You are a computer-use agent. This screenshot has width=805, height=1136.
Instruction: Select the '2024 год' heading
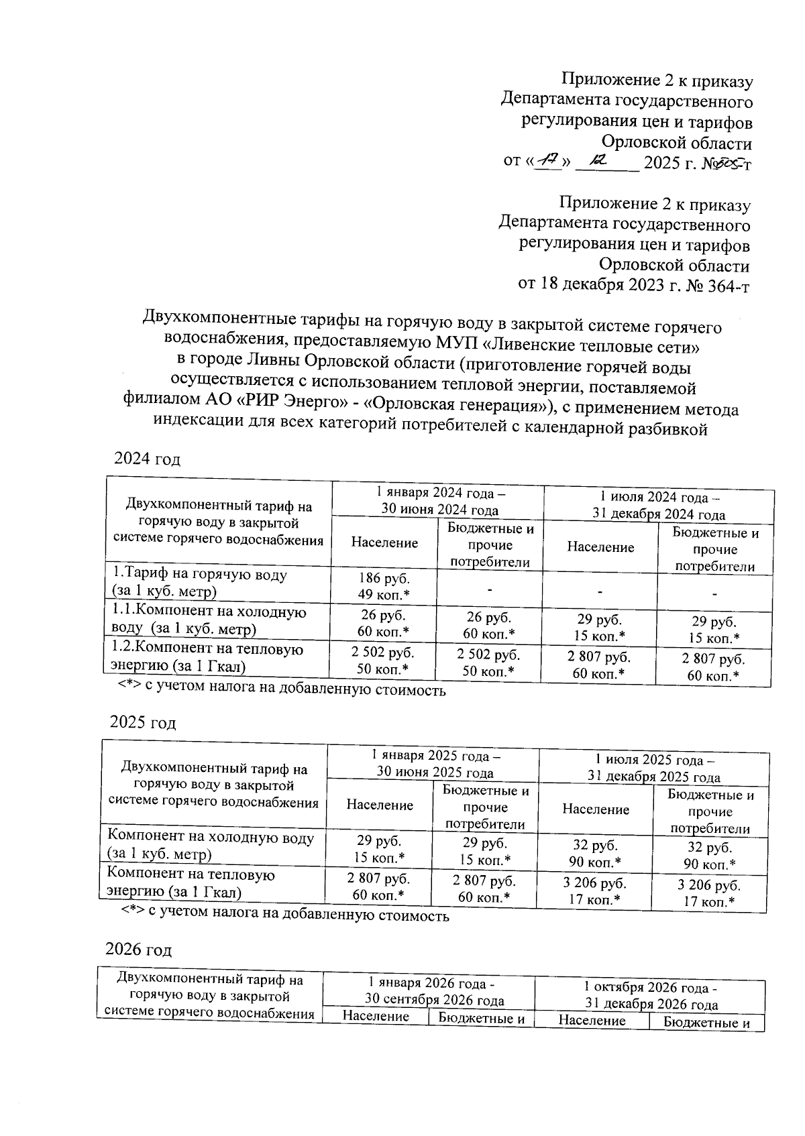pos(148,459)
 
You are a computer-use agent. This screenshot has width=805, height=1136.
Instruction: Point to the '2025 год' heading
pos(143,723)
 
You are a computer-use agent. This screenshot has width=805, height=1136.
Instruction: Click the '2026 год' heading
pos(139,950)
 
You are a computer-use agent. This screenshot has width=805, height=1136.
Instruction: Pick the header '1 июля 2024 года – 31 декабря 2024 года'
pos(658,506)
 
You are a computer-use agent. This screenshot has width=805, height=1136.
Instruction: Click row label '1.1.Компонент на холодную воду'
pos(208,620)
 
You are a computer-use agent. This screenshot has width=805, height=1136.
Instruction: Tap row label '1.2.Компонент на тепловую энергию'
pos(207,658)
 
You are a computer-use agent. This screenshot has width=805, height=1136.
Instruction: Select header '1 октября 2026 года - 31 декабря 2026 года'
pos(650,996)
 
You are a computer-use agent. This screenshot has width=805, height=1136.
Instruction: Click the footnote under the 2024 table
pos(282,689)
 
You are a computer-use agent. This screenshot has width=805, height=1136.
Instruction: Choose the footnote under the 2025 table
pos(285,915)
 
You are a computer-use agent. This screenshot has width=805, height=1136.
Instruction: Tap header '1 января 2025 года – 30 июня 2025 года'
pos(434,764)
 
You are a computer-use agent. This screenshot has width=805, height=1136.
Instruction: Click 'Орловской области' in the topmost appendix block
pos(676,143)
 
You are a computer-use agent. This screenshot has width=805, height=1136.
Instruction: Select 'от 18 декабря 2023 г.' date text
pos(601,286)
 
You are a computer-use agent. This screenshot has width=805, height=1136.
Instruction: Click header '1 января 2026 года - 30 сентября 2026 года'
pos(429,991)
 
